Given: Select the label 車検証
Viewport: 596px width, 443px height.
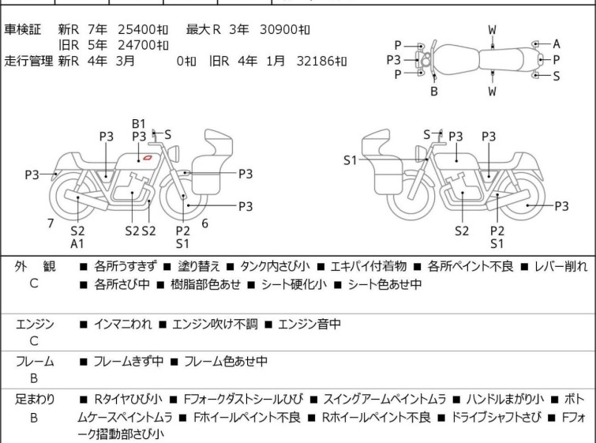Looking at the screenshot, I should [21, 30].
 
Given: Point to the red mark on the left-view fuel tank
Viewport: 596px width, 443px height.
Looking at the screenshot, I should [147, 160].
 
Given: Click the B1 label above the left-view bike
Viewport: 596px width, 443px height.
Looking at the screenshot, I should [139, 123].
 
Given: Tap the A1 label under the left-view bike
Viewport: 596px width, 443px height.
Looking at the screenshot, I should [77, 244].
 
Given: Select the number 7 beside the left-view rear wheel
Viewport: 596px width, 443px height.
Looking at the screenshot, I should [51, 223].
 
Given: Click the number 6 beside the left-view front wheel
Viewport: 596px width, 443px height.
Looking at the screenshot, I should [204, 223].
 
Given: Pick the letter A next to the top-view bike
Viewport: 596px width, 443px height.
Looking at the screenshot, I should [556, 44].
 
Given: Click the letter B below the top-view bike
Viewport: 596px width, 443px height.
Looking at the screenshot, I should [433, 91].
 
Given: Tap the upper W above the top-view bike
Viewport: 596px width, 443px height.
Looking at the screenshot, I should [492, 30].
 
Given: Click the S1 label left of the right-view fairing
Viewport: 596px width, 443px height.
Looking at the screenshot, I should [350, 160].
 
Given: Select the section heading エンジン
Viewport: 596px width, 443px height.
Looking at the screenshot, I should [35, 324].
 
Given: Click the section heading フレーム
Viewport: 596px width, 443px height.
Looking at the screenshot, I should [35, 362].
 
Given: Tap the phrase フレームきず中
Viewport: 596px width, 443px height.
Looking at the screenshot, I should [129, 362].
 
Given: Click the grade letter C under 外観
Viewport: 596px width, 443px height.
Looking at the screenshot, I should [34, 283].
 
